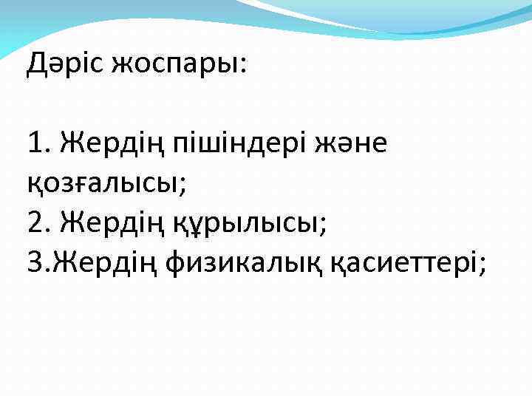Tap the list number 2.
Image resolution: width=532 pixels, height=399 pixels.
point(35,221)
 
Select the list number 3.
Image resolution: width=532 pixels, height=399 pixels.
point(35,261)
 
